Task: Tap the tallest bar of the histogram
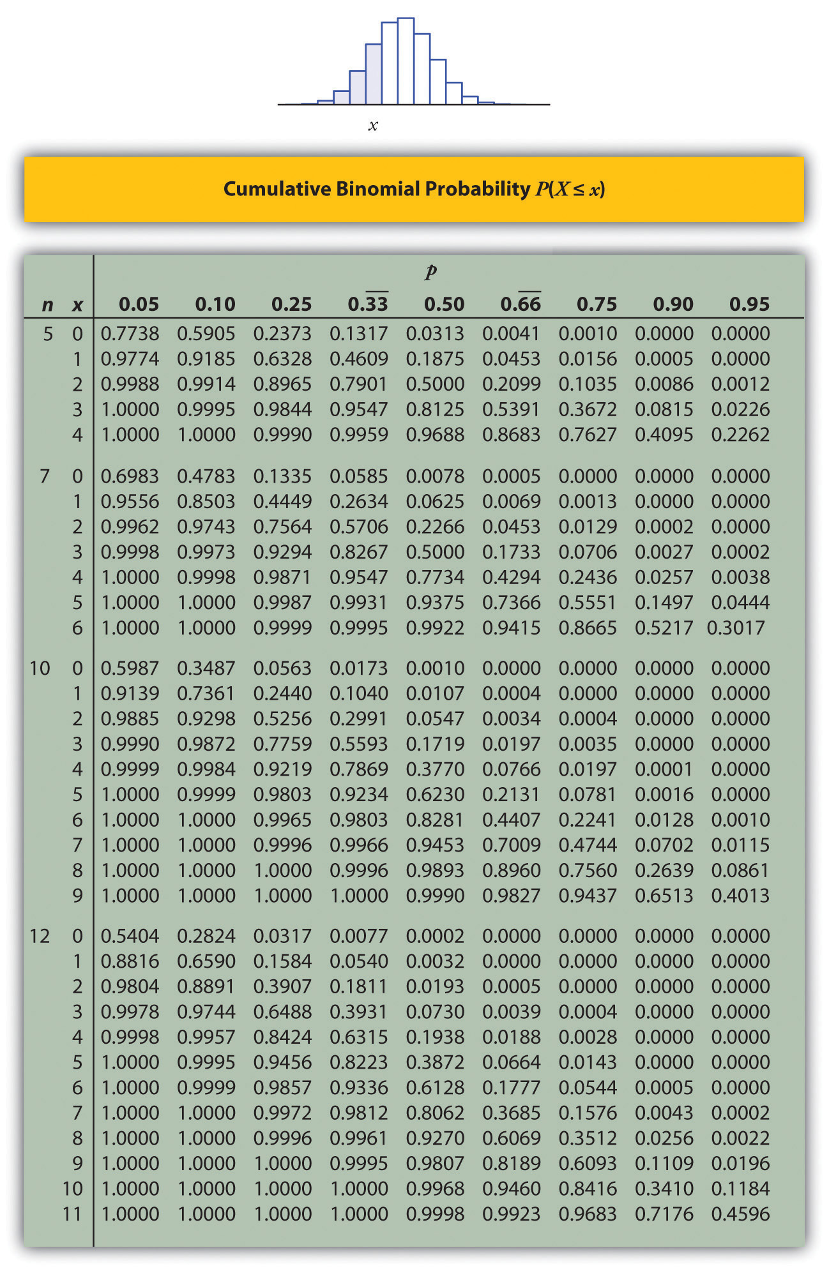(406, 61)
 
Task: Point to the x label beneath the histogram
(373, 126)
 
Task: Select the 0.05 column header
(139, 305)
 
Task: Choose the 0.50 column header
(444, 305)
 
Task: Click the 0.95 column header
(749, 305)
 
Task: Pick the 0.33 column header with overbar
(368, 305)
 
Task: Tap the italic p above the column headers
(431, 272)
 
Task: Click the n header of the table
(47, 305)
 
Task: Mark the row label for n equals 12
(40, 936)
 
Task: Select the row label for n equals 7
(45, 476)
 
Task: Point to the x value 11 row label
(72, 1214)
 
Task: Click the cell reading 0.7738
(130, 333)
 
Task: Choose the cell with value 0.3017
(736, 628)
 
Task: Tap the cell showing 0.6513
(664, 895)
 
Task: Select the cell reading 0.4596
(740, 1214)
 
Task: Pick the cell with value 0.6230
(435, 794)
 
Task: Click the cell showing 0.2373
(282, 333)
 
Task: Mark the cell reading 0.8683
(511, 435)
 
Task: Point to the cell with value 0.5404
(130, 936)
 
